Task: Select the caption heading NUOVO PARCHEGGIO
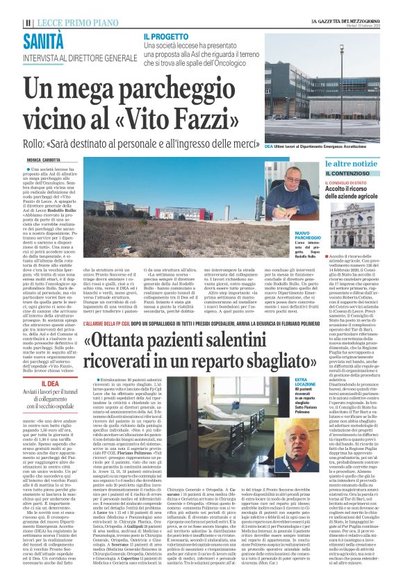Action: tap(304, 237)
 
